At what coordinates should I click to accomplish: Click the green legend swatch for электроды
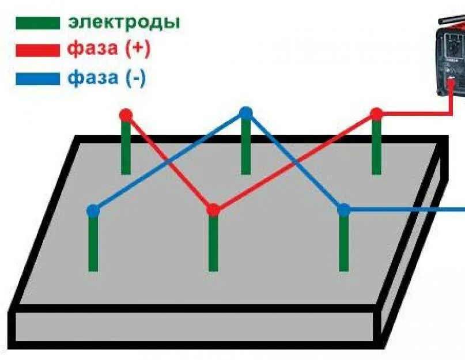37,23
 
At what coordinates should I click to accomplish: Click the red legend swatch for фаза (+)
37,50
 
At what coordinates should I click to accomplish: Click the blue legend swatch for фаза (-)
37,78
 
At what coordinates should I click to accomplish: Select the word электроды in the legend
124,22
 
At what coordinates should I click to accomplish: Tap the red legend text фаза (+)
108,50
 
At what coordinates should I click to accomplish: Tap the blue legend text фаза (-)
107,78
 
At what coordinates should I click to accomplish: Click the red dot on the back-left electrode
126,115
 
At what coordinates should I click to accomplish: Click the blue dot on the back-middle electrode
246,113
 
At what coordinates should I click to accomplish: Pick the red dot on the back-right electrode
376,114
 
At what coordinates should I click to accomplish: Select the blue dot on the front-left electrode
93,211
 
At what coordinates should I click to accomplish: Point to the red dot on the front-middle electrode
213,210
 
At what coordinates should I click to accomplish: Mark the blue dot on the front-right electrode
343,210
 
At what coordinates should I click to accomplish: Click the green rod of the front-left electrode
93,245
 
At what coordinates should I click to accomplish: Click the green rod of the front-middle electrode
213,245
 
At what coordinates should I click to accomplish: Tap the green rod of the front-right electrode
343,245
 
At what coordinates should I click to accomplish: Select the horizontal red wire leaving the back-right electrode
415,113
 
